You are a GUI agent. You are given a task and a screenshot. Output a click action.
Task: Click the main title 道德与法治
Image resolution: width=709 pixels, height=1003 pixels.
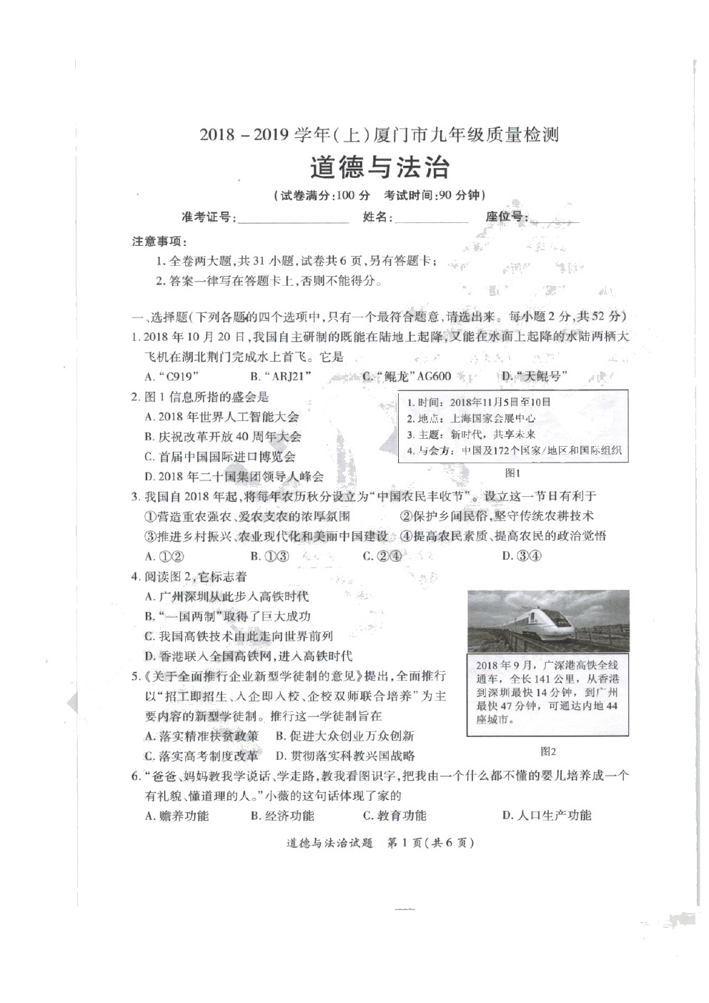coord(380,167)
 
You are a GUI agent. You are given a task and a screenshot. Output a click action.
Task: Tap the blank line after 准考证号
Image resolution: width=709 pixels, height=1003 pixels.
coord(293,219)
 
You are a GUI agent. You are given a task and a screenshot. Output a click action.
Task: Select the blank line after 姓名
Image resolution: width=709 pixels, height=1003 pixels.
coord(431,219)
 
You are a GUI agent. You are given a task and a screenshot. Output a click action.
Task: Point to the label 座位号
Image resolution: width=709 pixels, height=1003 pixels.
coord(507,217)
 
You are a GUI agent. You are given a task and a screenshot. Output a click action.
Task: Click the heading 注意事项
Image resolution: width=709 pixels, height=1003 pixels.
coord(159,242)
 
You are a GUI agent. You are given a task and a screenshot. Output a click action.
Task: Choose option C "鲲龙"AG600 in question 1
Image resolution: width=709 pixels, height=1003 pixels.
coord(406,377)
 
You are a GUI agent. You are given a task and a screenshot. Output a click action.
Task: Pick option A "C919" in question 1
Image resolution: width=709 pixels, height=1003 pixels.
coord(172,377)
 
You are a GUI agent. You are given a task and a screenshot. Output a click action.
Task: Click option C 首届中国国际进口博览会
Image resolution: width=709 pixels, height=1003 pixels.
coord(220,457)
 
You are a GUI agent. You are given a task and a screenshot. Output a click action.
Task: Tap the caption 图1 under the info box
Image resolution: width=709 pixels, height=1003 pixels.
coord(512,473)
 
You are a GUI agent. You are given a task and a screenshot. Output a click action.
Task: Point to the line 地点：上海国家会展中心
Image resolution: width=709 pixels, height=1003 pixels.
coord(471,418)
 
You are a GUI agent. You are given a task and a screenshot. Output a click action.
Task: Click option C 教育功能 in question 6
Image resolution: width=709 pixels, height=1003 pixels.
coord(395,816)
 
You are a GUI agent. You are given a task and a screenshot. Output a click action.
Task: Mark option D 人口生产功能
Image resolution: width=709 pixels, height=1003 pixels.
coord(547,816)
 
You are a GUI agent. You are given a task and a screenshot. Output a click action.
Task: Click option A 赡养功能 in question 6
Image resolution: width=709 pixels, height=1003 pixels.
coord(177,816)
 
